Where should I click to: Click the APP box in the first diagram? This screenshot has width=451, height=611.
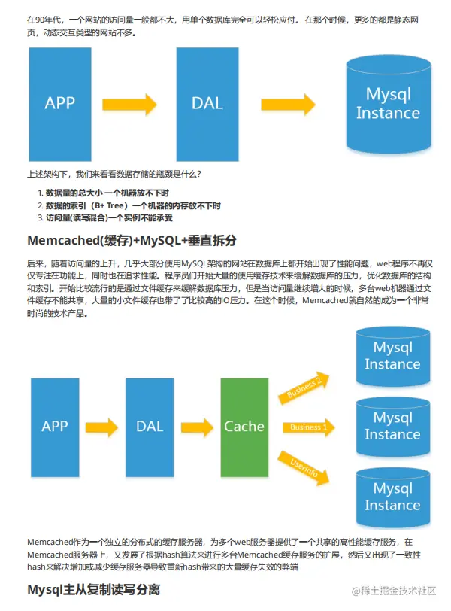click(60, 103)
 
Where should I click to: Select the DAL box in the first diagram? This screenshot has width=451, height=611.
click(207, 103)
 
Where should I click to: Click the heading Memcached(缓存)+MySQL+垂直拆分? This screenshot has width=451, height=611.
click(132, 241)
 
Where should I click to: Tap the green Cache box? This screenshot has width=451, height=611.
click(244, 426)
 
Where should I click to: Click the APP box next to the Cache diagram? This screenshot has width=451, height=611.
click(55, 426)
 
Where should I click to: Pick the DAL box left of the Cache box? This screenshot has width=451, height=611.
click(150, 426)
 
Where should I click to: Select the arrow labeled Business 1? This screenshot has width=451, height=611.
click(309, 427)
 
